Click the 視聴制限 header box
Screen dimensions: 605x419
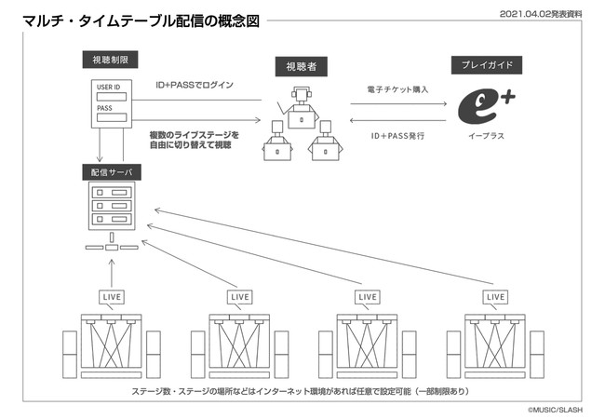tap(111, 60)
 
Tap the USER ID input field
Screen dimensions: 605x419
tap(112, 97)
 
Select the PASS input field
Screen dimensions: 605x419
tap(112, 117)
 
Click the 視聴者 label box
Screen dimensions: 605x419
tap(302, 67)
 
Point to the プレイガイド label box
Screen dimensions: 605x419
tap(487, 65)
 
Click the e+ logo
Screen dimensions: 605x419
tap(486, 106)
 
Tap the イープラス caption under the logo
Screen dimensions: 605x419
tap(486, 136)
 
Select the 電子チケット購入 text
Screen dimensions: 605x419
tap(397, 89)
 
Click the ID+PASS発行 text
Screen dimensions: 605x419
tap(397, 136)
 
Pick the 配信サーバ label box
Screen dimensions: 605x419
tap(112, 172)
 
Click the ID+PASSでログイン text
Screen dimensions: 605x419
tap(195, 85)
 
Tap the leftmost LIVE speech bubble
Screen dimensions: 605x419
tap(112, 298)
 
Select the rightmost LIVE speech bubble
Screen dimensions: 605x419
tap(495, 298)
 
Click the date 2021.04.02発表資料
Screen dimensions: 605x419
tap(541, 14)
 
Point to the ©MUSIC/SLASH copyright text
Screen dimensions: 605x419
tap(556, 410)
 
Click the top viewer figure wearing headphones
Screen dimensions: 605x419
tap(302, 107)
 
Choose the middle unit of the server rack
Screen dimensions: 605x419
tap(112, 206)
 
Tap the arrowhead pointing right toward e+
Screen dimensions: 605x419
tap(445, 103)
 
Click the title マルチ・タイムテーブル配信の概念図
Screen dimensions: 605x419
tap(141, 20)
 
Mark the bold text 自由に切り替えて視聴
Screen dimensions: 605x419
tap(191, 145)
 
